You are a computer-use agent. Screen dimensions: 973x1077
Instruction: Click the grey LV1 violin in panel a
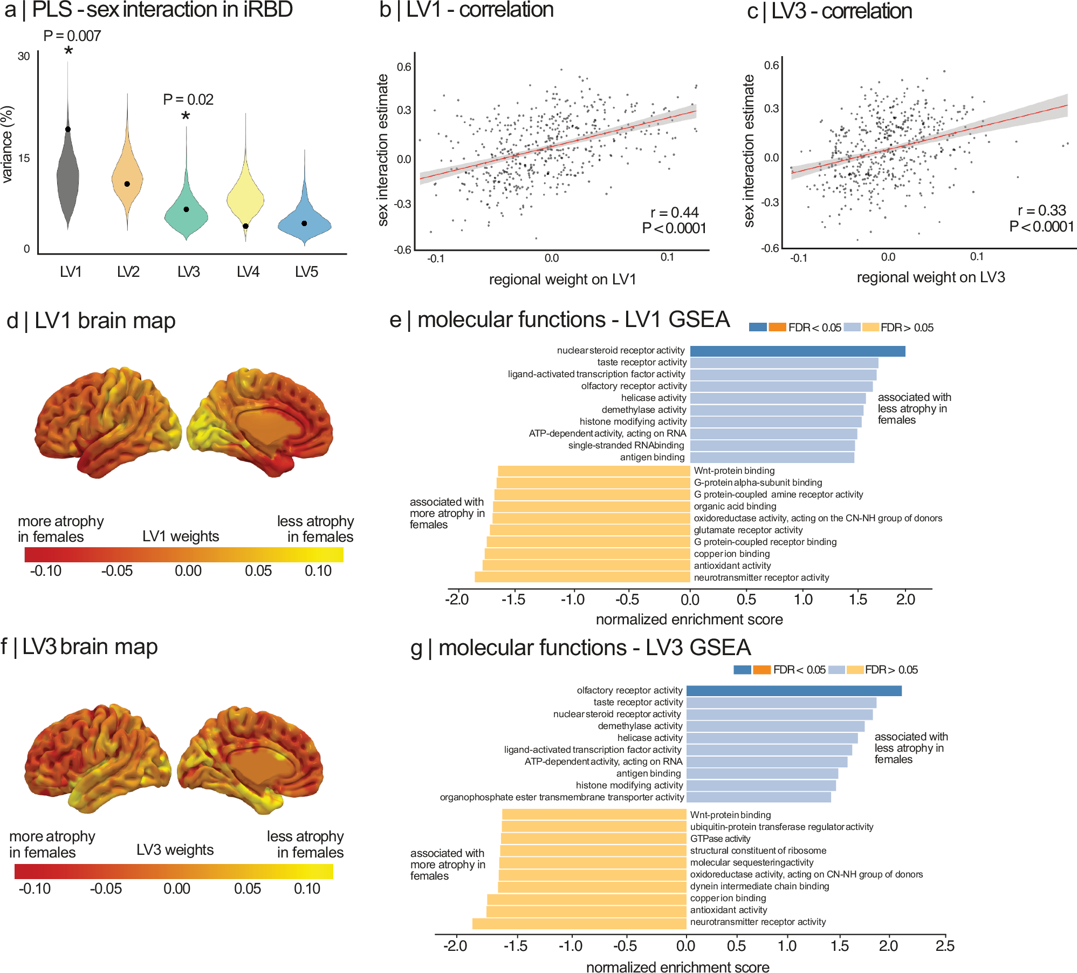[x=68, y=173]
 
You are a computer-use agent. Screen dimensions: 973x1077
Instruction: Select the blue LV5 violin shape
[x=305, y=224]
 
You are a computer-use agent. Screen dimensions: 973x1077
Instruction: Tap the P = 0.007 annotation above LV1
[x=72, y=36]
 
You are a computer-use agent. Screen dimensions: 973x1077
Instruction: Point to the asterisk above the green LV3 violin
[x=186, y=116]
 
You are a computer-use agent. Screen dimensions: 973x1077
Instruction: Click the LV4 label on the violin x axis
[x=248, y=272]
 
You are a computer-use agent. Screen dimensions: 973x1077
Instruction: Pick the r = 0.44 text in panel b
[x=674, y=213]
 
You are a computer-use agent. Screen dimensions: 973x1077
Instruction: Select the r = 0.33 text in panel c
[x=1041, y=210]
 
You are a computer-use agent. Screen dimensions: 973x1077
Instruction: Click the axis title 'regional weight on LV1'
[x=562, y=280]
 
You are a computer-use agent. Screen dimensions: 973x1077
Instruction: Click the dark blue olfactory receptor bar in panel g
[x=793, y=691]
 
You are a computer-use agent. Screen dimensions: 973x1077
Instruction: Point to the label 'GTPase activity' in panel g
[x=720, y=839]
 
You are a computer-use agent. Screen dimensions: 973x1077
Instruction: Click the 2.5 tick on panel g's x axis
[x=945, y=946]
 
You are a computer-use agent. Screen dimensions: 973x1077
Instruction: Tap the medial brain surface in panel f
[x=251, y=758]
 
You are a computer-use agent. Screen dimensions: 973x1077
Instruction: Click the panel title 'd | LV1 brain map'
[x=91, y=321]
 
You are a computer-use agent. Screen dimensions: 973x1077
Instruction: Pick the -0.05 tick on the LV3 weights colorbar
[x=106, y=889]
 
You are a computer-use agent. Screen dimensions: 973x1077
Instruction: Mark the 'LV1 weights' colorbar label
[x=181, y=536]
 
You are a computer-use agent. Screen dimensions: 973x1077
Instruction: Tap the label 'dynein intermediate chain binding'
[x=759, y=886]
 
